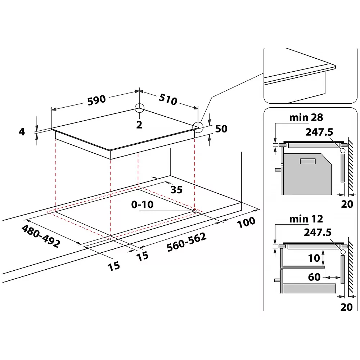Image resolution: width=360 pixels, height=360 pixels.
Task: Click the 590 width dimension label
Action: point(96,100)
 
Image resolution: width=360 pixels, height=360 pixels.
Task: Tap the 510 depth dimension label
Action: point(168,99)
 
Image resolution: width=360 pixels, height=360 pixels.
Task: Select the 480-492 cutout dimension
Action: point(41,236)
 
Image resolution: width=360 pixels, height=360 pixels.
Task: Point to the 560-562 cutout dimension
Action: point(186,242)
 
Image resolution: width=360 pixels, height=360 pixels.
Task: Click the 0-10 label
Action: point(142,204)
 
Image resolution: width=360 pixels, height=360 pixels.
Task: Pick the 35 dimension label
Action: point(176,190)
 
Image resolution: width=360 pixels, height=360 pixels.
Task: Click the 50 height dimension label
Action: point(221,129)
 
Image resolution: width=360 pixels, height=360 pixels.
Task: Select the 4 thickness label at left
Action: point(22,131)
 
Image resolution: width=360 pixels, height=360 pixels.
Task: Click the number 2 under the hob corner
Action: point(139,125)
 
